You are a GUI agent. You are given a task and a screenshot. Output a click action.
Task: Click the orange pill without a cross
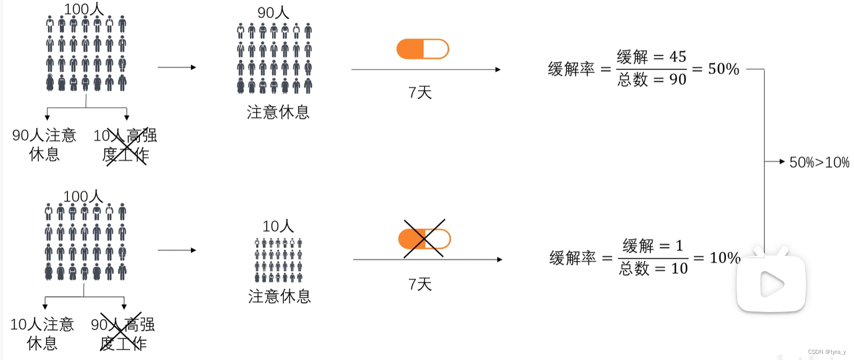pos(422,49)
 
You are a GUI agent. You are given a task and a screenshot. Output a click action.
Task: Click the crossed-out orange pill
pos(424,239)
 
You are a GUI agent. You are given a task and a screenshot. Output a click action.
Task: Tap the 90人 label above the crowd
pos(273,12)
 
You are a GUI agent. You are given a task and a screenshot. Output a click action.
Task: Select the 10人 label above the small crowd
pos(278,226)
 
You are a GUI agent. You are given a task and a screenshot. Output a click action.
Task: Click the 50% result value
pos(723,69)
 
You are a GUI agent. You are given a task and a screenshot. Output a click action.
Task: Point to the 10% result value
pos(725,258)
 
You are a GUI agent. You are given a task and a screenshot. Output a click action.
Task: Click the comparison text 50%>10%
pos(819,162)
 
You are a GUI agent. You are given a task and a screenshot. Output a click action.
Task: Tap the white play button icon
pos(771,284)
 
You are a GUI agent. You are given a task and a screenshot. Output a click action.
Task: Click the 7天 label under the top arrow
pos(420,92)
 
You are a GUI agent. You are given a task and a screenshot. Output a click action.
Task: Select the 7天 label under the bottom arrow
pos(420,284)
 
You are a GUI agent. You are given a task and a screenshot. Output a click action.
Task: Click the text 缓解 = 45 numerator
pos(651,57)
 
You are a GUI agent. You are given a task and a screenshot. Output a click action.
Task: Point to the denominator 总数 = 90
pos(651,80)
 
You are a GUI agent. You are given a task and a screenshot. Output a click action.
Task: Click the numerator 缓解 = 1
pos(652,246)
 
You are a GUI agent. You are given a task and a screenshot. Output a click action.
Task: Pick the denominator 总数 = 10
pos(653,269)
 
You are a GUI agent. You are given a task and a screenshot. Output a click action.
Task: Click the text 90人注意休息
pos(44,145)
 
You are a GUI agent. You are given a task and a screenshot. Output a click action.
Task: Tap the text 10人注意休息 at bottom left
pos(42,333)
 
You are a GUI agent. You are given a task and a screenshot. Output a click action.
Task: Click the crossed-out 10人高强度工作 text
pos(125,145)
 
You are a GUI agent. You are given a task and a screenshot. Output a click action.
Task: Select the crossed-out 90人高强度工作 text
pos(123,333)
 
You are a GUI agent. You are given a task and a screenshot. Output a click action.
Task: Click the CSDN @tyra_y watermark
pos(826,352)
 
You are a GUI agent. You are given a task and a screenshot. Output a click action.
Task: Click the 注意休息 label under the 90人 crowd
pos(278,112)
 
